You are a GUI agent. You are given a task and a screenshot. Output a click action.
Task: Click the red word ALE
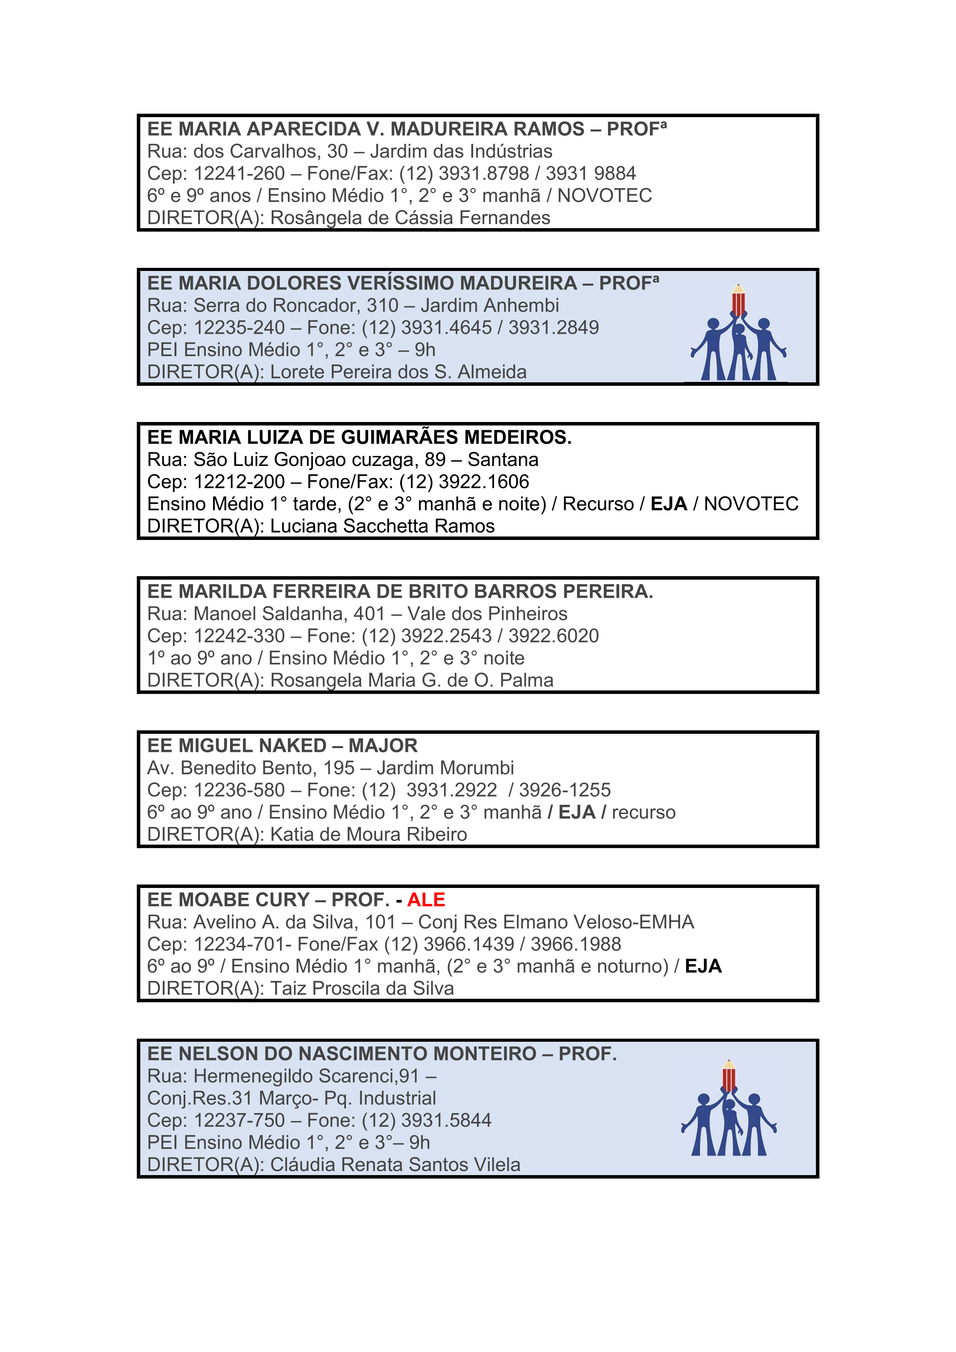click(x=426, y=900)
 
